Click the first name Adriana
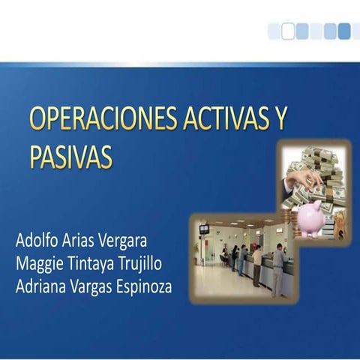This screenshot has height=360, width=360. click(x=43, y=286)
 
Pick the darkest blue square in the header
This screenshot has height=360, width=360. click(x=344, y=31)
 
